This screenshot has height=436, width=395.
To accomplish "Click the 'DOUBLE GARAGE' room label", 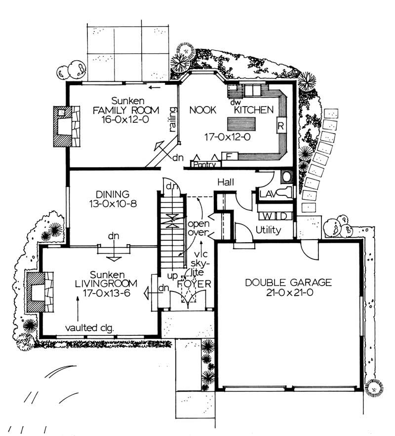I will (289, 283).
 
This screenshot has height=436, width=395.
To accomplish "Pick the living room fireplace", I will (37, 294).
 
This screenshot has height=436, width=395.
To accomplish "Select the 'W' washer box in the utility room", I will (267, 216).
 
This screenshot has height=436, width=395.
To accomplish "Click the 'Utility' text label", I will (269, 230).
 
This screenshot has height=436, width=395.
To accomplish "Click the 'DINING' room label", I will (113, 194).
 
